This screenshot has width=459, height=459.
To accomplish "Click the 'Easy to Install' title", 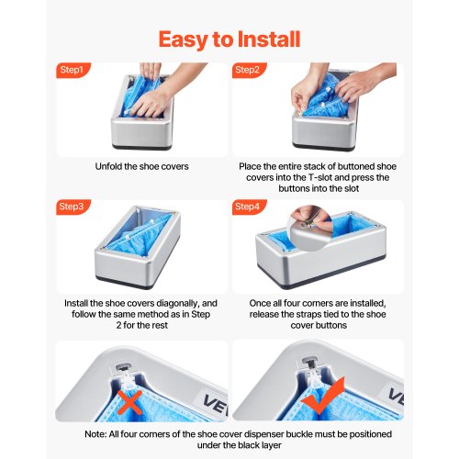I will [x=229, y=39].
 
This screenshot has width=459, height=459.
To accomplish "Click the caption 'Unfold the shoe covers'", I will [x=141, y=166].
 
